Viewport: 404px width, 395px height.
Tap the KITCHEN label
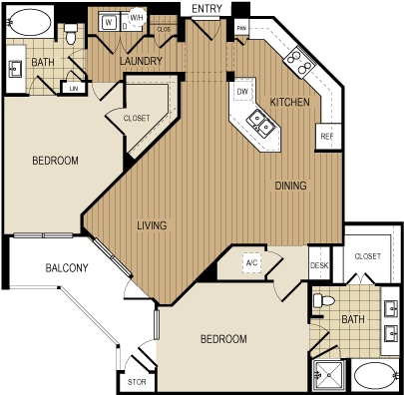tap(289, 102)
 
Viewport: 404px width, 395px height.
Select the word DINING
tap(290, 186)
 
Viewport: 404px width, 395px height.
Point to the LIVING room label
tap(151, 224)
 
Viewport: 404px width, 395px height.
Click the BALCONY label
tap(67, 267)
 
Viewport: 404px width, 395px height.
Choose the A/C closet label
tap(251, 263)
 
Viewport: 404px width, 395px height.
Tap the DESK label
tap(319, 265)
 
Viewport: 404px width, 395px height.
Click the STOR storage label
tap(136, 382)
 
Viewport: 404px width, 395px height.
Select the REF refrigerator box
tap(325, 136)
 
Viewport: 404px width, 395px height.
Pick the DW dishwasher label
tap(241, 92)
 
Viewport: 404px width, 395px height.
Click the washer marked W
tap(108, 22)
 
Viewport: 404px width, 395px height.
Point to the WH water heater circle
tap(137, 17)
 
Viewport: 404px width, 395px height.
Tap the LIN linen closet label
tap(73, 88)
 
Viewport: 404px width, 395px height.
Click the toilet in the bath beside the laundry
tap(71, 36)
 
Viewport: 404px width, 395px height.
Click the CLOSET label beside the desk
tap(367, 256)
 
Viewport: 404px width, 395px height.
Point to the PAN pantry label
tap(242, 29)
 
